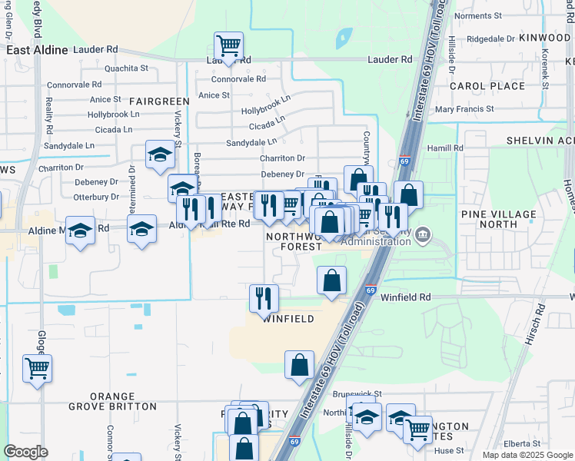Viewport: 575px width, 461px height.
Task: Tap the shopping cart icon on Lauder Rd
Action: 228,46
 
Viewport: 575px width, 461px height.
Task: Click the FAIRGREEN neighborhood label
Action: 159,101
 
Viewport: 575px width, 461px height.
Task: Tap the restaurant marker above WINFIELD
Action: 264,298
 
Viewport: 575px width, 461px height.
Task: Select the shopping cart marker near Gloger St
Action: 37,369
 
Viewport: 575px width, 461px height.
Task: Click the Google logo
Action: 26,452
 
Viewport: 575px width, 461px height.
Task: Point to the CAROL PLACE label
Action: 487,86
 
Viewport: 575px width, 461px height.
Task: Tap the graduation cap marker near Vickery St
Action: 160,156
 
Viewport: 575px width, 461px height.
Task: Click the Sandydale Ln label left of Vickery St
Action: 69,144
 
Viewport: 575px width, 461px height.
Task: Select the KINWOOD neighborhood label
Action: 544,38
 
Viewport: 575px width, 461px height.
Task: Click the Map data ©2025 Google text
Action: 527,455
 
